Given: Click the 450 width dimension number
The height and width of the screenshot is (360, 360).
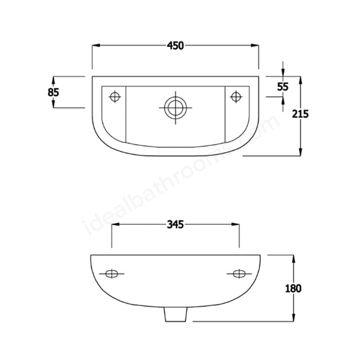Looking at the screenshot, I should point(175,47).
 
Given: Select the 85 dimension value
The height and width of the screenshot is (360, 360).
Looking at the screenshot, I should point(54,92).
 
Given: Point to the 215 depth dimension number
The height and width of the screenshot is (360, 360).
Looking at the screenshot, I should point(301,114).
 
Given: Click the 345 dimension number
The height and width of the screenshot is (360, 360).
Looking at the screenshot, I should point(176,225).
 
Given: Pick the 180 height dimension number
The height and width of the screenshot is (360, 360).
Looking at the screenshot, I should point(293,289).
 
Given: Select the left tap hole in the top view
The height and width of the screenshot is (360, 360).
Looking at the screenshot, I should point(115,97).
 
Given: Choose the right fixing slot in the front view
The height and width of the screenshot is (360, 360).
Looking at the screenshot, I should point(240,274).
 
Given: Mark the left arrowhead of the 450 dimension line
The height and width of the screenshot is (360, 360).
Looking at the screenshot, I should point(96,47).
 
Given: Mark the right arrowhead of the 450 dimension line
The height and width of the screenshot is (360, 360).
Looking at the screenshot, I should point(255,47).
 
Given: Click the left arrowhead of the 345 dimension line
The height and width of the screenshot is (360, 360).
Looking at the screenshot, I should point(116,225).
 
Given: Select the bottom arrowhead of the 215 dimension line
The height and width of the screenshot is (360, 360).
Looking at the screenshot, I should point(301,151).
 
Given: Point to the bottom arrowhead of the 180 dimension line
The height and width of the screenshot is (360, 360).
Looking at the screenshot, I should point(293,319).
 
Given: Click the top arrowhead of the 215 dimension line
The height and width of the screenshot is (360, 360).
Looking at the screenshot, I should point(301,79).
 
